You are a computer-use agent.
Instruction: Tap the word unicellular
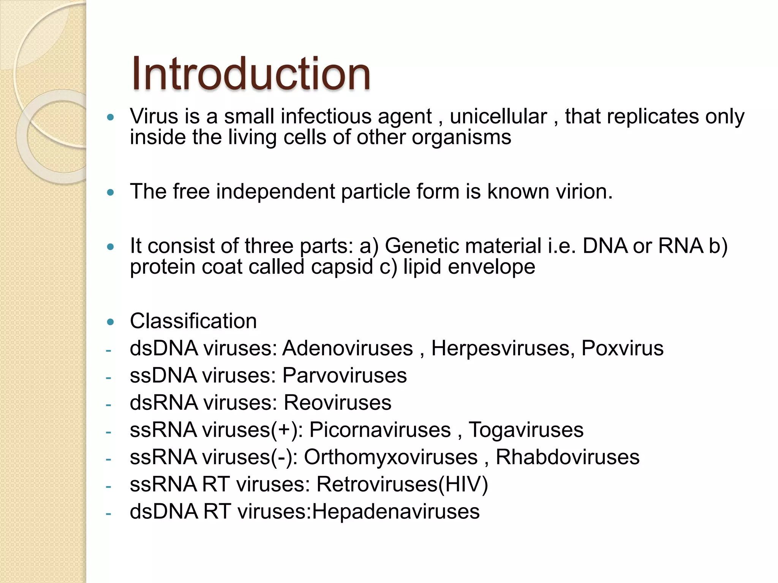click(498, 116)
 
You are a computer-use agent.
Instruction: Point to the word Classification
click(193, 321)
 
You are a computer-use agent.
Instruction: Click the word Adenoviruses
click(348, 348)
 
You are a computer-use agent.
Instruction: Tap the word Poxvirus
click(622, 348)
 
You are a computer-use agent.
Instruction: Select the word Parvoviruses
click(345, 375)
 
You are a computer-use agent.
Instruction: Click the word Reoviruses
click(337, 403)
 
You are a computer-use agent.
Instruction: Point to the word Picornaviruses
click(380, 430)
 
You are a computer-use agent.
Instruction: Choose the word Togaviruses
click(526, 430)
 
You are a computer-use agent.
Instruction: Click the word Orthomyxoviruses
click(391, 457)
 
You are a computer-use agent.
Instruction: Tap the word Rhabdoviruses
click(567, 457)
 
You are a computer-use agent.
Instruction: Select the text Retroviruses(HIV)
click(402, 484)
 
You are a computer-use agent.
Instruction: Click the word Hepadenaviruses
click(395, 512)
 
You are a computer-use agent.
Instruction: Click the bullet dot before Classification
click(111, 322)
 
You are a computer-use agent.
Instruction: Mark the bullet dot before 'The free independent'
click(111, 192)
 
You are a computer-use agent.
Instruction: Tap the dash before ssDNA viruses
click(109, 378)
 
